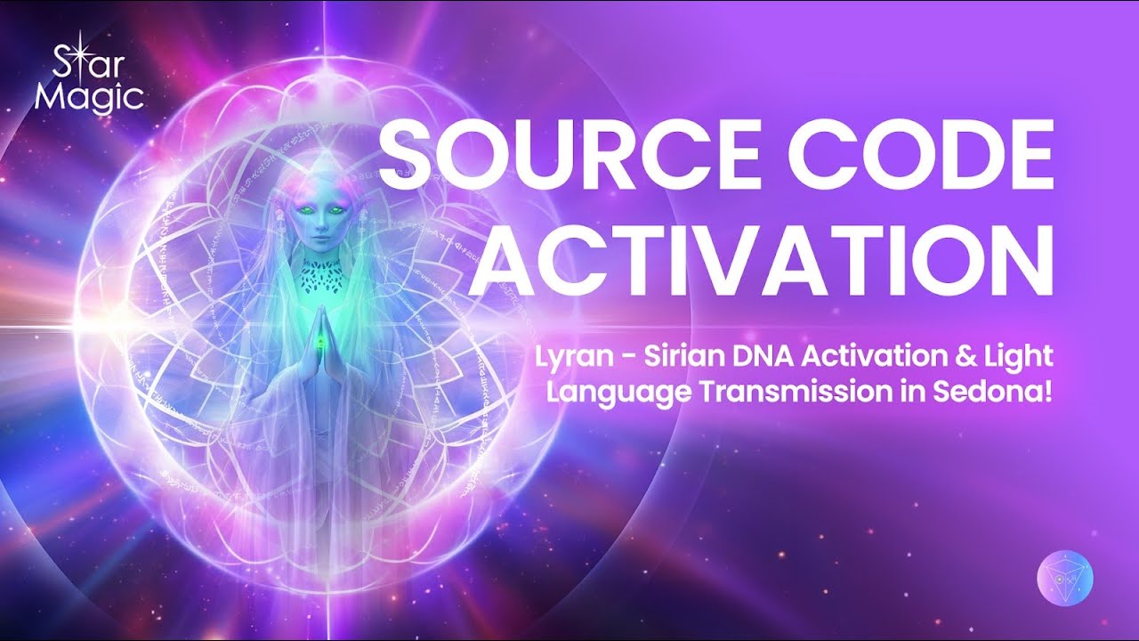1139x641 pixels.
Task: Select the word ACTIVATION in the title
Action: (761, 258)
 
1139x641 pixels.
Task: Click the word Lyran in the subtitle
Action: (566, 358)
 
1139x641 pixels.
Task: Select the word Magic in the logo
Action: (89, 96)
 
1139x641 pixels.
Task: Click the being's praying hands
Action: (312, 337)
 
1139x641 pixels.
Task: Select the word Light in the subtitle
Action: (1024, 358)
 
